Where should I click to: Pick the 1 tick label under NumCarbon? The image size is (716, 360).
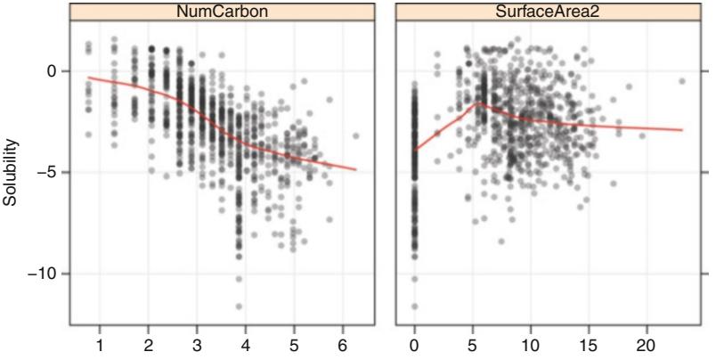click(x=100, y=344)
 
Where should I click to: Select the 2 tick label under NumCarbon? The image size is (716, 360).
click(x=149, y=344)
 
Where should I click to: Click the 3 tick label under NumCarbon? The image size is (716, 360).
click(x=197, y=344)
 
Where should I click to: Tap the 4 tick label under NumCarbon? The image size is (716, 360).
click(x=246, y=344)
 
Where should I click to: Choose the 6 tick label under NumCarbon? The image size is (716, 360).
click(x=343, y=344)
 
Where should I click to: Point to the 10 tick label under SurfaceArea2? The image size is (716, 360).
click(x=531, y=344)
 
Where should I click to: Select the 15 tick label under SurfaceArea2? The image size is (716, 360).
click(x=590, y=344)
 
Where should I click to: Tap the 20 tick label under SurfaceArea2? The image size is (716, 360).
click(x=647, y=344)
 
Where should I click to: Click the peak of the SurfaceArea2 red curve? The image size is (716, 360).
click(x=478, y=102)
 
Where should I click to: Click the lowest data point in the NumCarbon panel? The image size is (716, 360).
click(x=239, y=306)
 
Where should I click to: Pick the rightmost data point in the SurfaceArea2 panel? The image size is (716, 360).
click(x=682, y=81)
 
